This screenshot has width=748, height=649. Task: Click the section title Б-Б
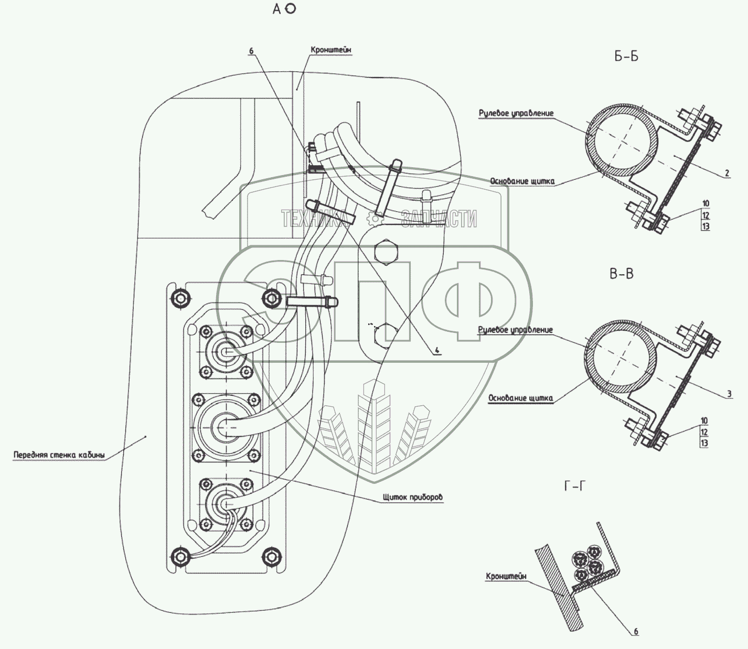click(x=626, y=56)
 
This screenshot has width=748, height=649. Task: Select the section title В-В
click(x=622, y=274)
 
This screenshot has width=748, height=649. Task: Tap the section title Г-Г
click(x=574, y=486)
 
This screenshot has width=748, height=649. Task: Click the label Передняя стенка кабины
click(x=59, y=455)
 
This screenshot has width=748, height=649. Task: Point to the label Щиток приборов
click(x=413, y=496)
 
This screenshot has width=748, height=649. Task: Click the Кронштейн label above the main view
click(x=330, y=50)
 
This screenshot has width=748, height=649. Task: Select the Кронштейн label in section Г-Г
click(x=506, y=576)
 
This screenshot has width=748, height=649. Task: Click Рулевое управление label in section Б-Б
click(x=516, y=113)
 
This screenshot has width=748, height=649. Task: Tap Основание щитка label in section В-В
click(x=520, y=398)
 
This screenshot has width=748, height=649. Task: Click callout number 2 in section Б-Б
click(x=726, y=173)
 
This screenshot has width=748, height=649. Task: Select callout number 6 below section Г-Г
click(x=636, y=631)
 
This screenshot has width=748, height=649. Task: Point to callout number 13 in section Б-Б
click(x=706, y=226)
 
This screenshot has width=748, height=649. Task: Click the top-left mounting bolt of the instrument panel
click(x=179, y=298)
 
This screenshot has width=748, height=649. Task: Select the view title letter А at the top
click(x=277, y=9)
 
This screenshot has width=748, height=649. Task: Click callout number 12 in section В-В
click(x=704, y=432)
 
